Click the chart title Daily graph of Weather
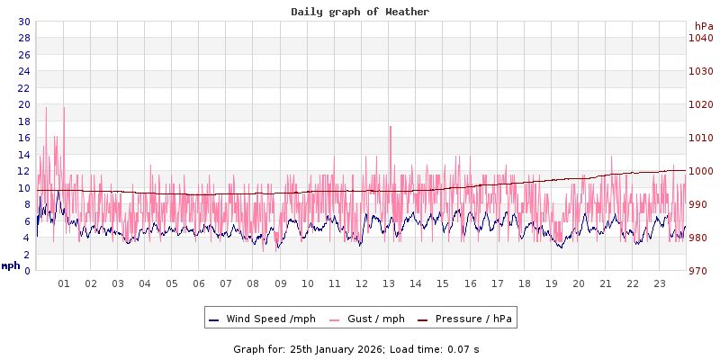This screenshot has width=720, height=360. (360, 12)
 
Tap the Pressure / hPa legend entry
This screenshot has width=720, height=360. (472, 319)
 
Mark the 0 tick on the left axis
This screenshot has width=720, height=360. (27, 271)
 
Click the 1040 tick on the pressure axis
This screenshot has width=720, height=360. (700, 38)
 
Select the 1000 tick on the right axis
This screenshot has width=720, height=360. (700, 171)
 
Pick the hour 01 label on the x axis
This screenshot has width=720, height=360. (64, 283)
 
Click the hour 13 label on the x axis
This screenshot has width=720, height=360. (389, 283)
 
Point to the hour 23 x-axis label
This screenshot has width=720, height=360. (660, 283)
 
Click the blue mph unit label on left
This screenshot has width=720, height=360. (11, 265)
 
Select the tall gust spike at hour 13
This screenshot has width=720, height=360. (390, 130)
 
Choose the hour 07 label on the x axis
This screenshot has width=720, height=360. (226, 283)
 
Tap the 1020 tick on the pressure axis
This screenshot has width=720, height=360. (700, 104)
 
